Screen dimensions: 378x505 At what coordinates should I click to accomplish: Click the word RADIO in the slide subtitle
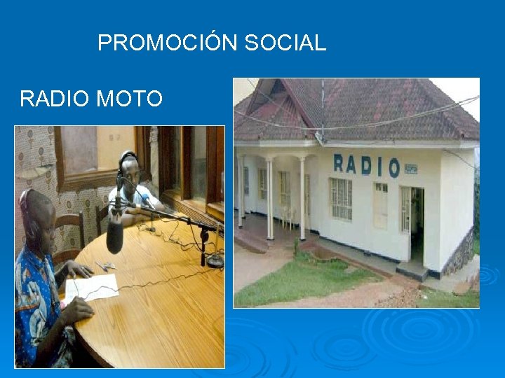[55, 99]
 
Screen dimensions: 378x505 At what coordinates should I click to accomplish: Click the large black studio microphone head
[114, 235]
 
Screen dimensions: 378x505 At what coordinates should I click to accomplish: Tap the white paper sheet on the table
[93, 286]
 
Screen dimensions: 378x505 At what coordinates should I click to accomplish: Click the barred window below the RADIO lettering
[341, 199]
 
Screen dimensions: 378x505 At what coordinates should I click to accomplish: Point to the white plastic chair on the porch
[288, 218]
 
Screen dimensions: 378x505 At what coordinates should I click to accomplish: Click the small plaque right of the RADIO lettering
[410, 169]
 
